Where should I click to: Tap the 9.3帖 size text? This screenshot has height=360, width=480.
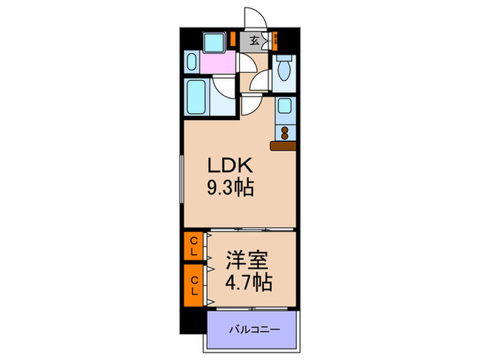(230, 187)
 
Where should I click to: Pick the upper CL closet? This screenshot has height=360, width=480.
(193, 245)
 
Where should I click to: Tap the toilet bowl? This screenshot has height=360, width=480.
(284, 69)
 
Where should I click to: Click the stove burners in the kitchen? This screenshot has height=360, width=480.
(284, 131)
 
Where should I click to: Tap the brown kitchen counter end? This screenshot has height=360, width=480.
(283, 145)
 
